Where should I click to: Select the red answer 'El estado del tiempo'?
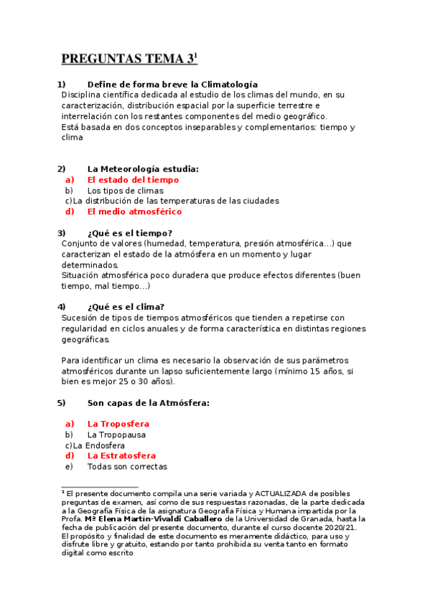[x=133, y=180]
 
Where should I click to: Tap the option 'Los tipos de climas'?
[x=125, y=191]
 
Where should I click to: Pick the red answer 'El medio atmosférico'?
[x=134, y=212]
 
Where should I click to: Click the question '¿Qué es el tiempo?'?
[x=129, y=233]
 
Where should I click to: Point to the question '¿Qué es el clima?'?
[x=126, y=307]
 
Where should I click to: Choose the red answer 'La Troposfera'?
[x=118, y=424]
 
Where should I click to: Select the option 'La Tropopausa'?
[x=116, y=434]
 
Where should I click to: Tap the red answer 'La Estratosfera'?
[x=121, y=455]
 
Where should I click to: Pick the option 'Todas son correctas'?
[x=127, y=467]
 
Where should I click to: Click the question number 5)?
[x=62, y=403]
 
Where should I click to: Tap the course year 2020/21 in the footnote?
[x=340, y=527]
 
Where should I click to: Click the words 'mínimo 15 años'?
[x=307, y=371]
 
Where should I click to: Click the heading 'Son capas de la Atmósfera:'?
[x=148, y=403]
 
